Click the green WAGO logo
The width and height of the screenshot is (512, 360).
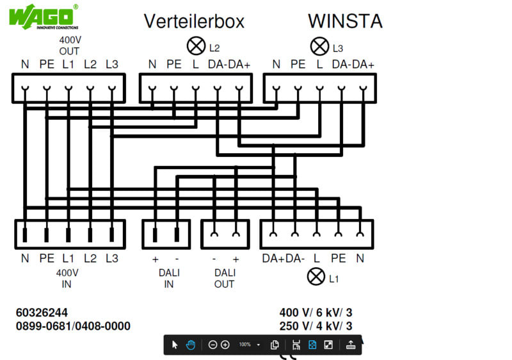click(44, 16)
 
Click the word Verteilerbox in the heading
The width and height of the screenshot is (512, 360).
click(194, 21)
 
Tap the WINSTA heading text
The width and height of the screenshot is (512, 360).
click(345, 21)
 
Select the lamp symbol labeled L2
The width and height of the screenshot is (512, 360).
click(195, 46)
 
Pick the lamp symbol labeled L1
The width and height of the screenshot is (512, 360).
click(316, 277)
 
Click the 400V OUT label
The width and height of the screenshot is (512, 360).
click(69, 45)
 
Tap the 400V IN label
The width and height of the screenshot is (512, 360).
click(69, 278)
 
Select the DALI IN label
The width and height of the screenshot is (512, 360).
click(168, 278)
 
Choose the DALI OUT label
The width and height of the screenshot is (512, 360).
click(224, 278)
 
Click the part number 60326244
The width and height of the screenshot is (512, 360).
click(42, 313)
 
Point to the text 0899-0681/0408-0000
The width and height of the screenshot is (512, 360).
click(73, 326)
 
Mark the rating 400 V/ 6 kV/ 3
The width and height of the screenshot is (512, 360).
click(316, 313)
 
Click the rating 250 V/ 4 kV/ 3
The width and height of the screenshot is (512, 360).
click(316, 326)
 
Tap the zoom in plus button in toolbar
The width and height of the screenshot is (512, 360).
click(225, 345)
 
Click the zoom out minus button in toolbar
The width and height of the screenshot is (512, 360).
click(213, 345)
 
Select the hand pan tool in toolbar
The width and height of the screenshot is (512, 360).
click(191, 345)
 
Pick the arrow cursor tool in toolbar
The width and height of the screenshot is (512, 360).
click(175, 345)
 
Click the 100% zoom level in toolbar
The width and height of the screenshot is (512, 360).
click(245, 345)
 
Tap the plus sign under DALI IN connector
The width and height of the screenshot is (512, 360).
click(155, 259)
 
